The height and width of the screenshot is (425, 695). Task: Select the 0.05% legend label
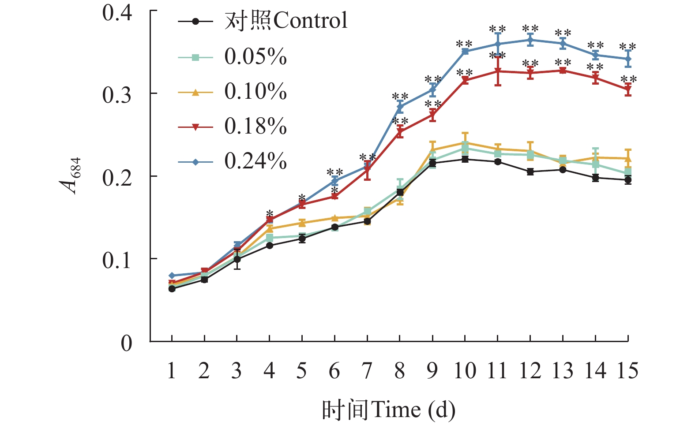(255, 56)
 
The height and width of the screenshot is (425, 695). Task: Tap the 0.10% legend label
(255, 91)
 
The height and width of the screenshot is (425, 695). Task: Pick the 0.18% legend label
(255, 126)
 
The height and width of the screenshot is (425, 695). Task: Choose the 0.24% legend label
(255, 161)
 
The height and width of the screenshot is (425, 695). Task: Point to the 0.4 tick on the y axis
(117, 12)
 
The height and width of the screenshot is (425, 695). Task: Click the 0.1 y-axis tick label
(117, 260)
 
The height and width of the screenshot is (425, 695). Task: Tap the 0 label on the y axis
(127, 343)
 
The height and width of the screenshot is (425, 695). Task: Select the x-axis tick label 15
(627, 370)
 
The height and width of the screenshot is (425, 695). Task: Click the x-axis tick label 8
(399, 370)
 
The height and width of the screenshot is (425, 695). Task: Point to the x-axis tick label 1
(171, 370)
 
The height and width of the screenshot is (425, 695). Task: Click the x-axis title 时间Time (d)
(388, 410)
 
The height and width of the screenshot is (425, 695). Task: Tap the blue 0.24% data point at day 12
(530, 40)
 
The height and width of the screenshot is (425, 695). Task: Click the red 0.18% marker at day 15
(628, 90)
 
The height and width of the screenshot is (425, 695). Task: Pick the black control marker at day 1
(172, 289)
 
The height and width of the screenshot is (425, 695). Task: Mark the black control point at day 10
(465, 159)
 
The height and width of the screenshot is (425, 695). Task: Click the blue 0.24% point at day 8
(400, 107)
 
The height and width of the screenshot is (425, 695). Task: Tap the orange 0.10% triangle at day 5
(302, 223)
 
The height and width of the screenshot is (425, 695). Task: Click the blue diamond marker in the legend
(195, 162)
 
